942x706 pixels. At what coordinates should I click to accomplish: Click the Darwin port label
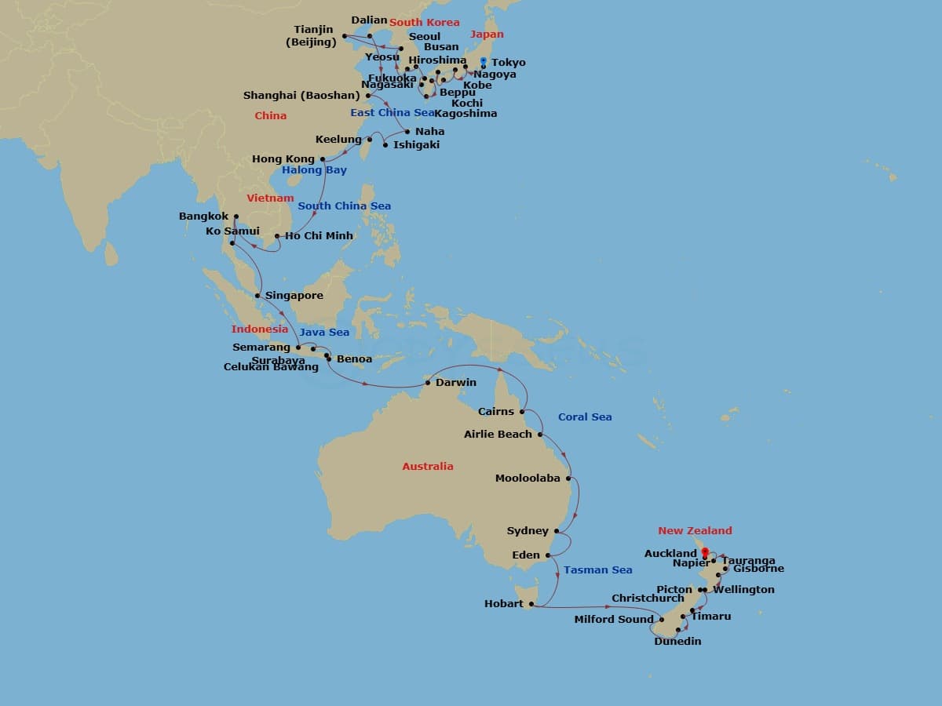[456, 383]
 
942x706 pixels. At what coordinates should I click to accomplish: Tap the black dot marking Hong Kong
[323, 159]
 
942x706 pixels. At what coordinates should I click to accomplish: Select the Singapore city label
[294, 296]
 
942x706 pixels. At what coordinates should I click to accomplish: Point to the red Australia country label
[428, 466]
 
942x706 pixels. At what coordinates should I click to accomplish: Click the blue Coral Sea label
[585, 417]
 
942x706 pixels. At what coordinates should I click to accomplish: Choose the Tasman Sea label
[597, 570]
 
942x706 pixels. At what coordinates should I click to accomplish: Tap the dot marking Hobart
[531, 604]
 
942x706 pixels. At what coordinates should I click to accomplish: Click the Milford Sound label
[614, 620]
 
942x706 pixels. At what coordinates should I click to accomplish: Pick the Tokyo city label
[509, 63]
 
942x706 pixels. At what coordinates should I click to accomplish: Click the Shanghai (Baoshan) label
[301, 96]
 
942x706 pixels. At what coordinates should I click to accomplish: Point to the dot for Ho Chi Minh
[277, 235]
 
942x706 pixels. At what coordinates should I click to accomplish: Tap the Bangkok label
[203, 217]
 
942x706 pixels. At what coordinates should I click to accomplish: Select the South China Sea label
[344, 206]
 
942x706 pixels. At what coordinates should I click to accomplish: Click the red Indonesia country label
[260, 329]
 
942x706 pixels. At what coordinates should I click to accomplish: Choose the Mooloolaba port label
[528, 478]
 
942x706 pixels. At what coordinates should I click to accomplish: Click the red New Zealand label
[695, 531]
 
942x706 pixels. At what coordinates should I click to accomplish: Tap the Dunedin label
[677, 642]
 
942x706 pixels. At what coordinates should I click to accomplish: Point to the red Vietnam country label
[270, 198]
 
